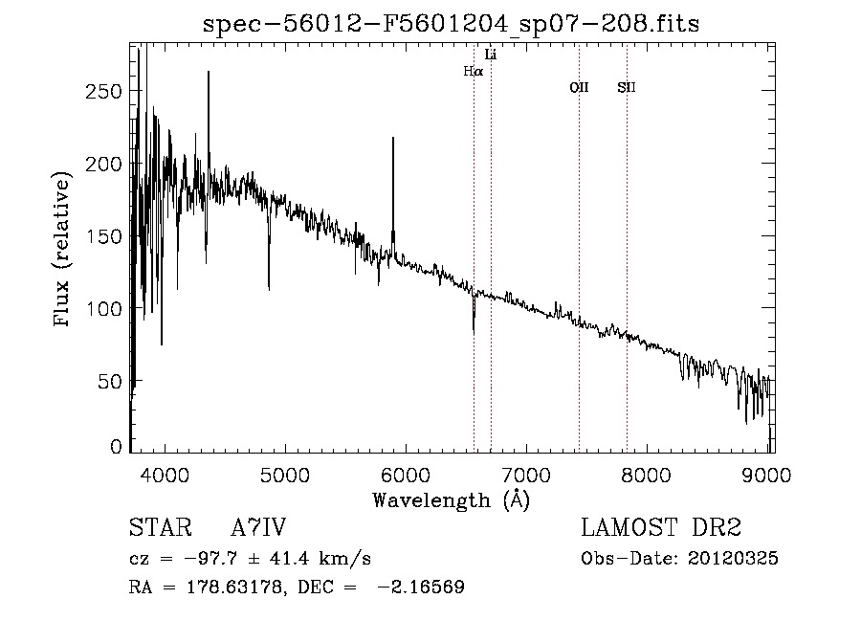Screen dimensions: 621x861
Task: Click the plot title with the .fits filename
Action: tap(451, 24)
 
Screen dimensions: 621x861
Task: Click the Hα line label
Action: tap(473, 71)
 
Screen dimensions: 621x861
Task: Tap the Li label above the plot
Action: tap(491, 55)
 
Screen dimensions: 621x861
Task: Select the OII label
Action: tap(579, 88)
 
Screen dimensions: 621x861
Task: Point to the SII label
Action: tap(627, 88)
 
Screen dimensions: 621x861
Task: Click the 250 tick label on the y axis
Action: tap(103, 91)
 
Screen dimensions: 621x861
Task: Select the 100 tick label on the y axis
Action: tap(103, 309)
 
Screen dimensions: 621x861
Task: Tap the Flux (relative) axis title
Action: tap(63, 251)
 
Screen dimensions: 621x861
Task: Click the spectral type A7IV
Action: tap(258, 528)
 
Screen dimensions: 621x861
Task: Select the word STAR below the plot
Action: tap(158, 528)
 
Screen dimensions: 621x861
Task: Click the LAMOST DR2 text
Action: tap(661, 528)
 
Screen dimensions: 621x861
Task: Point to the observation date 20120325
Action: tap(734, 559)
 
